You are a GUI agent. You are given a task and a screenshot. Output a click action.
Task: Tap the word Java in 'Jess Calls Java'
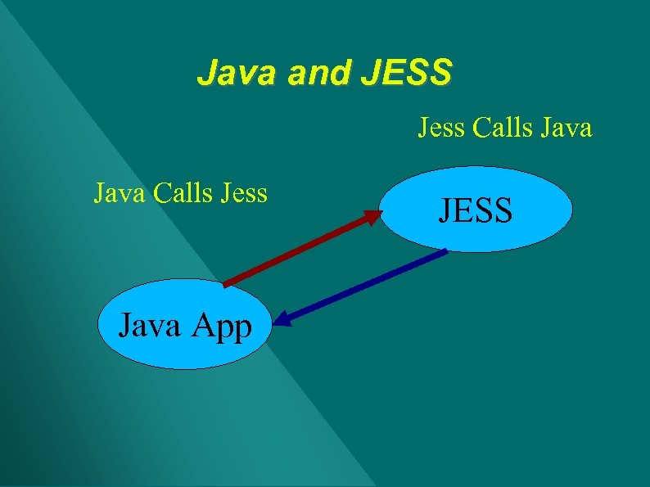point(564,128)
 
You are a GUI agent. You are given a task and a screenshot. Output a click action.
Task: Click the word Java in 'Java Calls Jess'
point(120,193)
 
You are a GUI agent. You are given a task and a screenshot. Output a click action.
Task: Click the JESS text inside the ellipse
point(476,210)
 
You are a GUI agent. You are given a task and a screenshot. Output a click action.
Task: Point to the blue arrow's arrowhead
point(282,318)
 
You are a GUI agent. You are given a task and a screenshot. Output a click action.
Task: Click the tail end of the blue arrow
point(446,251)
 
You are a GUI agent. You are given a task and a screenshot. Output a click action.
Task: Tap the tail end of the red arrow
point(226,284)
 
